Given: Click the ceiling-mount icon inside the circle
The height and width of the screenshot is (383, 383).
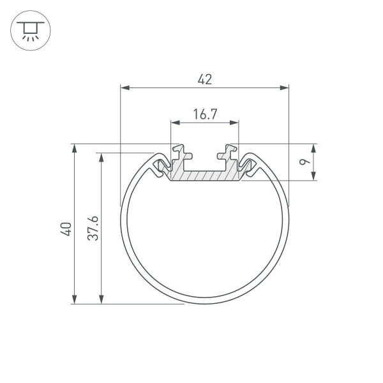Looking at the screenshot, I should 28,30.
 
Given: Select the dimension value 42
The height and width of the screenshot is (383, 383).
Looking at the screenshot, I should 204,79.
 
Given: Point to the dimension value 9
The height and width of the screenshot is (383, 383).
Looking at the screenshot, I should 307,161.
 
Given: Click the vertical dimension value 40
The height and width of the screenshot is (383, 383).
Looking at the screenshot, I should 64,229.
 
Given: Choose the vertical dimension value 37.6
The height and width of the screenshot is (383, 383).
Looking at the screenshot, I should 93,229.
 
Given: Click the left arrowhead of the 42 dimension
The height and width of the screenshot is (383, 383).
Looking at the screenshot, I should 125,88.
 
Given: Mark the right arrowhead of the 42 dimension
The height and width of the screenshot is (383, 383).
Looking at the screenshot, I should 284,88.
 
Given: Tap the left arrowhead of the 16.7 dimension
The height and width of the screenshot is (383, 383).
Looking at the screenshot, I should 174,123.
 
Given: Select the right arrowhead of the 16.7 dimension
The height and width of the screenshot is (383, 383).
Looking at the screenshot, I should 234,123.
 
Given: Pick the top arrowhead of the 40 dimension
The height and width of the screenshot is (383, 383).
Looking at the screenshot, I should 75,148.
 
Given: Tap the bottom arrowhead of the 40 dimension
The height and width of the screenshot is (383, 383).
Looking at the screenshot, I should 75,299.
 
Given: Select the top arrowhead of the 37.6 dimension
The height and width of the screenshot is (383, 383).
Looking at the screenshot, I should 101,157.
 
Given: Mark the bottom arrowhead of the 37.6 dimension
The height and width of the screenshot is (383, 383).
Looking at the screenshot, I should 101,299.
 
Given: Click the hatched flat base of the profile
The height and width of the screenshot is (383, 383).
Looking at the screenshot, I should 204,176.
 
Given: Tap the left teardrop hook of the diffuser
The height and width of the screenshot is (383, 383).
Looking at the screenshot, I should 158,168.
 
